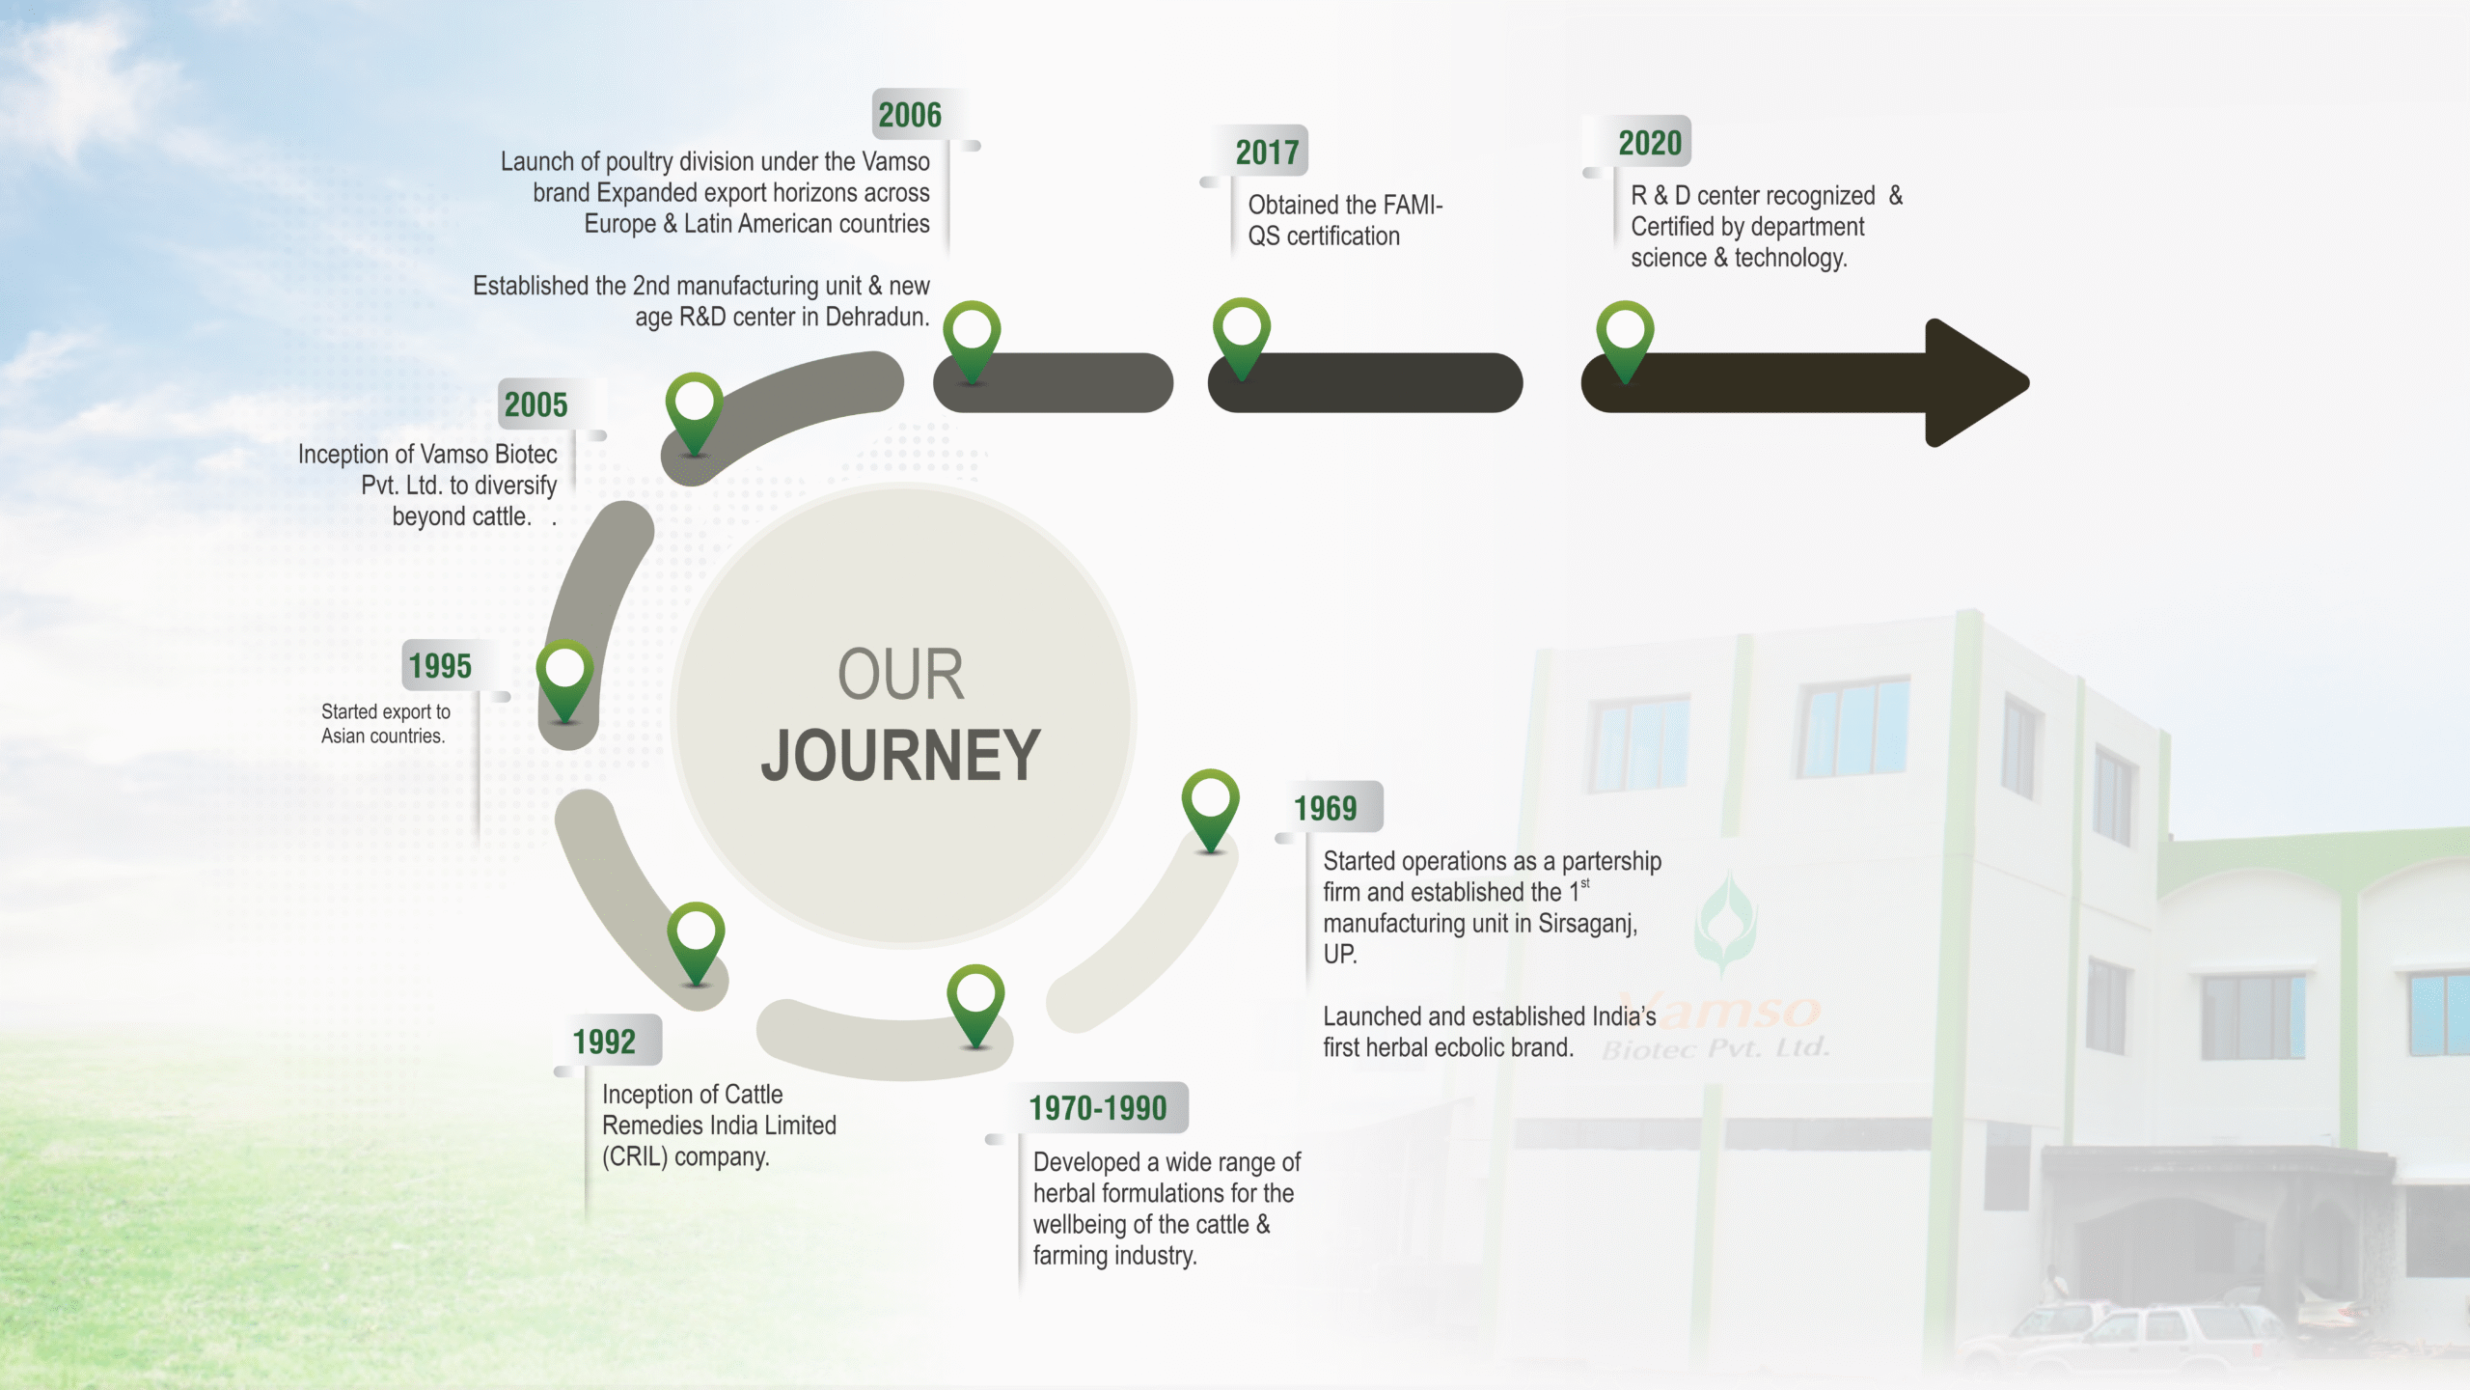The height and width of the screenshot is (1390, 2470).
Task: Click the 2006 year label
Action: [x=910, y=115]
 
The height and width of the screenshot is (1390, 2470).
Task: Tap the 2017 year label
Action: [x=1267, y=152]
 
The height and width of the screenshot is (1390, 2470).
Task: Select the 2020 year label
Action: [x=1650, y=143]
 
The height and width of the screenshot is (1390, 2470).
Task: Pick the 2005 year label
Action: [x=535, y=404]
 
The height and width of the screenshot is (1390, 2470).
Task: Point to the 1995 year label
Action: [x=440, y=666]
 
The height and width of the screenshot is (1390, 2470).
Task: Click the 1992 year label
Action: [x=604, y=1042]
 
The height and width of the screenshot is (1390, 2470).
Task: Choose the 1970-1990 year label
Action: [x=1098, y=1108]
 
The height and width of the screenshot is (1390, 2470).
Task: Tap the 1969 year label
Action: [x=1325, y=808]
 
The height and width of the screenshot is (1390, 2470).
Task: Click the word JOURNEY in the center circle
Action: [x=900, y=756]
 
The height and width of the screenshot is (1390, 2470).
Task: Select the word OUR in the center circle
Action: [x=900, y=674]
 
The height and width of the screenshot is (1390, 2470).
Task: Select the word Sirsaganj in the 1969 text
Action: [x=1586, y=924]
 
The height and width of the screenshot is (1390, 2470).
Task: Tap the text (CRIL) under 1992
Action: [x=635, y=1156]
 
